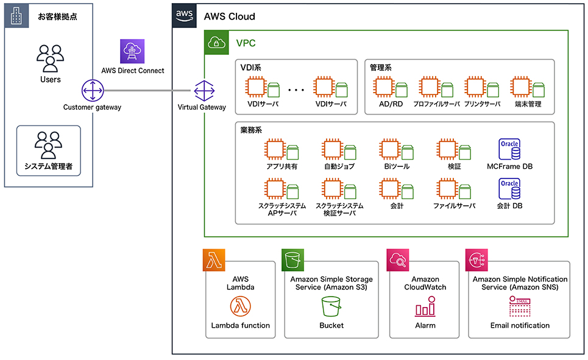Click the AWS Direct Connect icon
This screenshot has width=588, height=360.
[x=132, y=51]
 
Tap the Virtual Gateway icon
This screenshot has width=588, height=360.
[x=202, y=91]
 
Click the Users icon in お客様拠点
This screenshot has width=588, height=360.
[x=50, y=58]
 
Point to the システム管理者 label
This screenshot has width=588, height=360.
[x=48, y=166]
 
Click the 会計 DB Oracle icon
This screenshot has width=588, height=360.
[x=509, y=189]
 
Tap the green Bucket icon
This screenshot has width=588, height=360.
[x=331, y=306]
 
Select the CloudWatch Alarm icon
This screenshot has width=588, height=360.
[x=425, y=306]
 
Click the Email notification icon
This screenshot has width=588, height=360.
[x=520, y=306]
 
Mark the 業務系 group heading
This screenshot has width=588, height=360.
[x=251, y=130]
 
